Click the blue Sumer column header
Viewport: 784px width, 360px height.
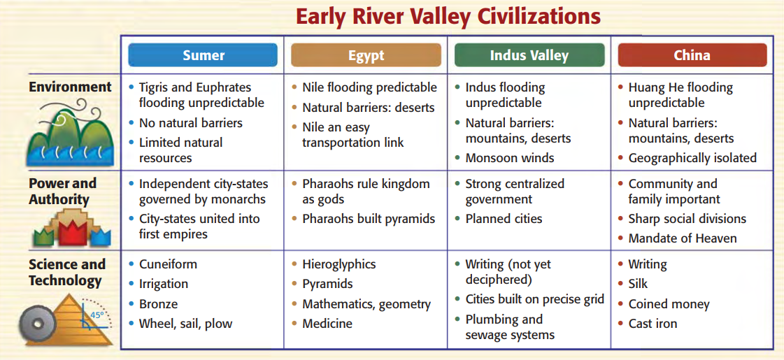pos(203,55)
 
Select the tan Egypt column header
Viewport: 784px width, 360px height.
pos(366,55)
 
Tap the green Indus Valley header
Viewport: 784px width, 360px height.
pos(529,55)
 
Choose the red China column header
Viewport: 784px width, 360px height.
pos(692,55)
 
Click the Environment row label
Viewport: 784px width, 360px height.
pos(70,87)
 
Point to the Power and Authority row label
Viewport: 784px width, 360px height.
pos(62,192)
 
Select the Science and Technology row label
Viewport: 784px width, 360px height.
pos(67,273)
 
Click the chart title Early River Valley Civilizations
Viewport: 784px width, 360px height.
pos(448,17)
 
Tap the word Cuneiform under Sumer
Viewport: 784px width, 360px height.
pos(168,264)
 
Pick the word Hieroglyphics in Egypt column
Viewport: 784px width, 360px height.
pos(339,264)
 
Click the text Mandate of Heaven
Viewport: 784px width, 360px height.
pos(683,238)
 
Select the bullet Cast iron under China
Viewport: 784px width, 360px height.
pos(653,324)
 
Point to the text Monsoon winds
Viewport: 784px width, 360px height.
pos(510,158)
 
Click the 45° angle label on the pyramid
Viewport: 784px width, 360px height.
pos(97,315)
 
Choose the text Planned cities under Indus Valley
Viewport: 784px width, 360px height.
pos(504,219)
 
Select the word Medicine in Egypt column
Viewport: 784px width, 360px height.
pos(327,324)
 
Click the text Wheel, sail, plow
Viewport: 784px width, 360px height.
pos(185,324)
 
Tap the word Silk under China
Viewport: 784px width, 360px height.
pos(638,284)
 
